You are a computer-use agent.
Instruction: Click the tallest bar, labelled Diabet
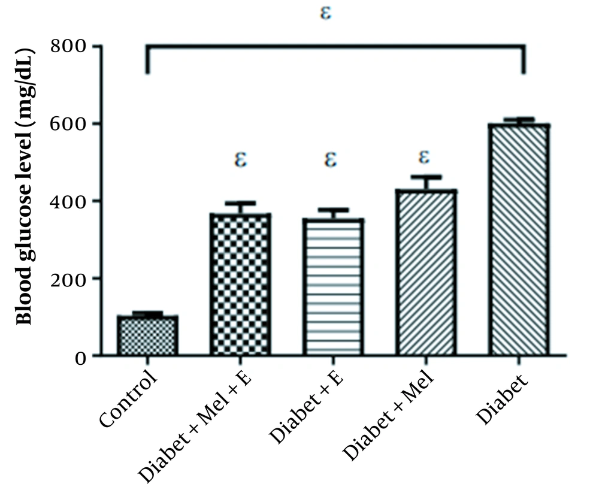click(519, 240)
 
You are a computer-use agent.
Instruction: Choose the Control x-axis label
click(129, 398)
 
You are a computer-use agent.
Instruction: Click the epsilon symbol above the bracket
click(326, 13)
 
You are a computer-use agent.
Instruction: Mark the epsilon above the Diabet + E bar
click(331, 160)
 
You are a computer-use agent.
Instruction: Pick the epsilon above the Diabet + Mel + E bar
click(240, 160)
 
